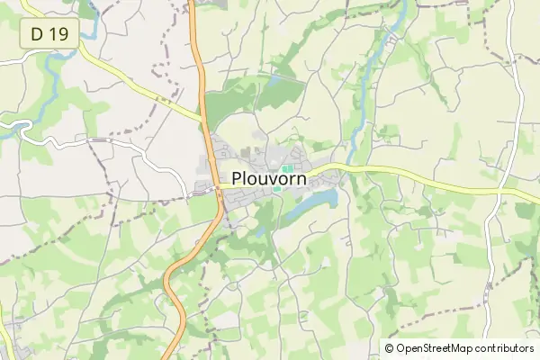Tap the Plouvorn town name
[269, 178]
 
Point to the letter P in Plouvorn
[238, 178]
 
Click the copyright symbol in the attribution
[390, 348]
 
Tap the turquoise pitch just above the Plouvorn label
[287, 167]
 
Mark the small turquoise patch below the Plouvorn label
[276, 188]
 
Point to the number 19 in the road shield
[58, 34]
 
